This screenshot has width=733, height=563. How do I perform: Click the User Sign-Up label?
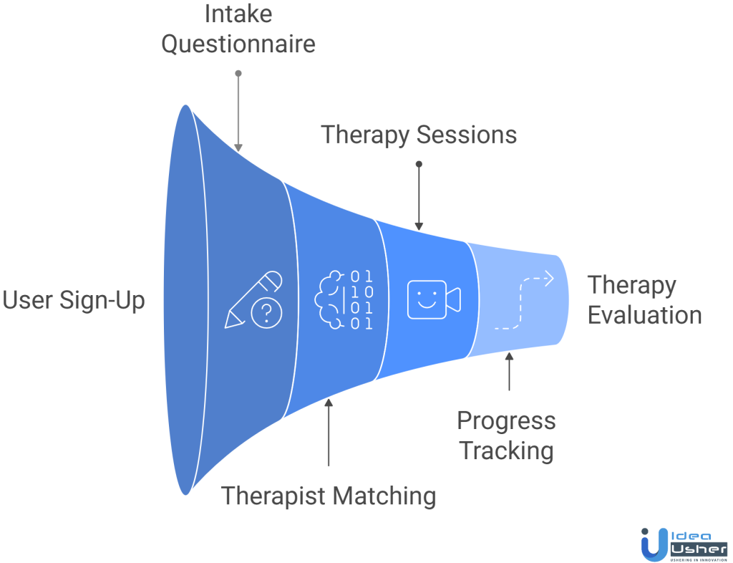pos(74,300)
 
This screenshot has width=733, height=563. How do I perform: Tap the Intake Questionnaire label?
pos(238,29)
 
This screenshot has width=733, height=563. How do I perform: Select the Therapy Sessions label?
pos(419,135)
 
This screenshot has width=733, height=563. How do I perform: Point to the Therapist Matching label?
pos(329,496)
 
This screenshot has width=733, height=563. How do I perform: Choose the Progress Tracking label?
pos(506,436)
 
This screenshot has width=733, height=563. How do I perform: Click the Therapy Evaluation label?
pos(644,300)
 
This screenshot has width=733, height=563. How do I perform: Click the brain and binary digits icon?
pos(344,299)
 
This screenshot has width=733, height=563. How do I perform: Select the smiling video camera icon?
pos(433,299)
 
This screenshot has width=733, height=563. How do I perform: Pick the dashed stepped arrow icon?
pos(524,301)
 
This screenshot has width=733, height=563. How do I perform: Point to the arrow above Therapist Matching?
pos(329,433)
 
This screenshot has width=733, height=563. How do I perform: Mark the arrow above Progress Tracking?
pos(509,370)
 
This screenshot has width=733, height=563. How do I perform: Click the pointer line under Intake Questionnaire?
pos(238,111)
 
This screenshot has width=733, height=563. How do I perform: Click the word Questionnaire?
pos(238,44)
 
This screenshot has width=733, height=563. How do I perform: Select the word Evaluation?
pos(644,315)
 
